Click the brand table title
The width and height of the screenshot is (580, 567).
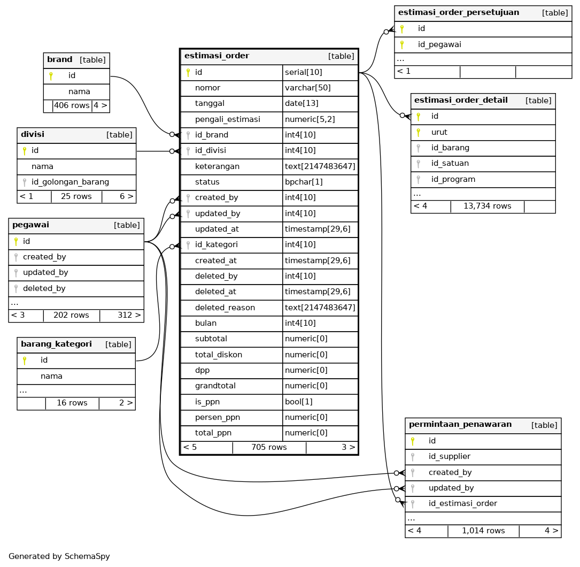tap(60, 60)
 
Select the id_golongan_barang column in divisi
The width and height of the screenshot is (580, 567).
tap(70, 182)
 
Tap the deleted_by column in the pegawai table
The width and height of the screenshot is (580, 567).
tap(44, 288)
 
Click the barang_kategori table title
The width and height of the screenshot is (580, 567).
tap(56, 344)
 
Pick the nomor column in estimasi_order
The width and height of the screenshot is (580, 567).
tap(207, 88)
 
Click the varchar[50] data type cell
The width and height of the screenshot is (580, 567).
tap(307, 88)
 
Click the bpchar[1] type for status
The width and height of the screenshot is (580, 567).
tap(304, 182)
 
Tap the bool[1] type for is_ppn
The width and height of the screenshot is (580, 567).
tap(299, 402)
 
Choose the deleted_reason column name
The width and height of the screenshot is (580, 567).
tap(225, 308)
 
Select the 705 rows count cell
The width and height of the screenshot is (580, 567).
tap(269, 447)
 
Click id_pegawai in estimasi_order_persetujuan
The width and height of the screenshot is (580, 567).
tap(439, 44)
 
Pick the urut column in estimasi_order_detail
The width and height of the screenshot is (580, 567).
tap(439, 132)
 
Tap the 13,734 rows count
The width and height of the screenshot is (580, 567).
tap(487, 206)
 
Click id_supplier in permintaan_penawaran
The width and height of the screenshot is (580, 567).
tap(450, 456)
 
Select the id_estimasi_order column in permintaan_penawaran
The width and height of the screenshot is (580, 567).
tap(463, 503)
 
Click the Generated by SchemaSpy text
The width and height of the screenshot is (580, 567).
tap(59, 556)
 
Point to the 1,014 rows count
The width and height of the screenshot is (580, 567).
tap(483, 531)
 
